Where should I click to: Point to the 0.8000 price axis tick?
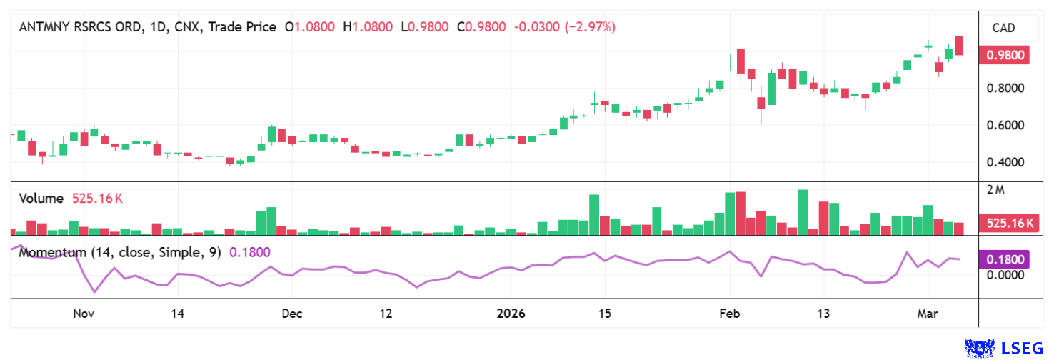[1005, 89]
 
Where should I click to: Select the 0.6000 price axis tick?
[1005, 126]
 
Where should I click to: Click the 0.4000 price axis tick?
[1005, 163]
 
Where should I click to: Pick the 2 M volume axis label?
[995, 190]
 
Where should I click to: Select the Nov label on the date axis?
[84, 314]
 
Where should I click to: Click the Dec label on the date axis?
[291, 314]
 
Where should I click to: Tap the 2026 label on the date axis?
[510, 314]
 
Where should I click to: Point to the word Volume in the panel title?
[41, 199]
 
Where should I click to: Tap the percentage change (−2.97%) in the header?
[590, 27]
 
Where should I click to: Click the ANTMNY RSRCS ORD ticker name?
[79, 27]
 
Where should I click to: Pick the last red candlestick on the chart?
[959, 46]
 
